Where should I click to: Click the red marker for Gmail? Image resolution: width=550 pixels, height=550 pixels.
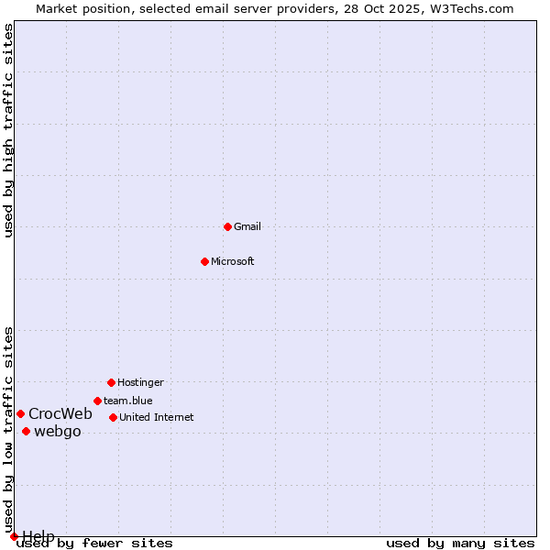pyautogui.click(x=227, y=226)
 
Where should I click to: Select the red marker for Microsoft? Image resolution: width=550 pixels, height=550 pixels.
pyautogui.click(x=205, y=261)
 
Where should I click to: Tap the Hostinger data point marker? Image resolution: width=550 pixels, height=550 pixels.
pyautogui.click(x=111, y=382)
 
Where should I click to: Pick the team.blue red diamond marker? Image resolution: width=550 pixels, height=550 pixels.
pyautogui.click(x=97, y=401)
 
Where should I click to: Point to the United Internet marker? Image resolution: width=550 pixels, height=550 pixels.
pyautogui.click(x=113, y=417)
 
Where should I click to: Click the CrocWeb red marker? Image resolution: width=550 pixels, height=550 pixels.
pyautogui.click(x=20, y=413)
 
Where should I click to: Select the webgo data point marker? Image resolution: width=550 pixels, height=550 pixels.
pyautogui.click(x=26, y=431)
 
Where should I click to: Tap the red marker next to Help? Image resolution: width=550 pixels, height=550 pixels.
pyautogui.click(x=14, y=536)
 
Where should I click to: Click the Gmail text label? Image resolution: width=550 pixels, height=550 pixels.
pyautogui.click(x=247, y=226)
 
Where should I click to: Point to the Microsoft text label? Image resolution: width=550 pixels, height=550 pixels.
pyautogui.click(x=233, y=261)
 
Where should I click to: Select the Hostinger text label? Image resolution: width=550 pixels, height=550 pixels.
pyautogui.click(x=140, y=382)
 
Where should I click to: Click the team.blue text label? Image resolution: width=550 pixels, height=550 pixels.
pyautogui.click(x=128, y=401)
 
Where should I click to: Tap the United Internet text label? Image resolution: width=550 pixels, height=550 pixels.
pyautogui.click(x=157, y=417)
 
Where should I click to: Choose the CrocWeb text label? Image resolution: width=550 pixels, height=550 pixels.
pyautogui.click(x=60, y=413)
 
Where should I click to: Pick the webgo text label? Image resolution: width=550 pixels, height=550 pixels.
pyautogui.click(x=58, y=432)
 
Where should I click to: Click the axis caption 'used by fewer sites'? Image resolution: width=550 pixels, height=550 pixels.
pyautogui.click(x=95, y=544)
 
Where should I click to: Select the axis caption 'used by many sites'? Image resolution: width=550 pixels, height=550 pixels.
pyautogui.click(x=460, y=544)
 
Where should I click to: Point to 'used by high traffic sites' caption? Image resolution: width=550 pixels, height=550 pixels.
pyautogui.click(x=9, y=131)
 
